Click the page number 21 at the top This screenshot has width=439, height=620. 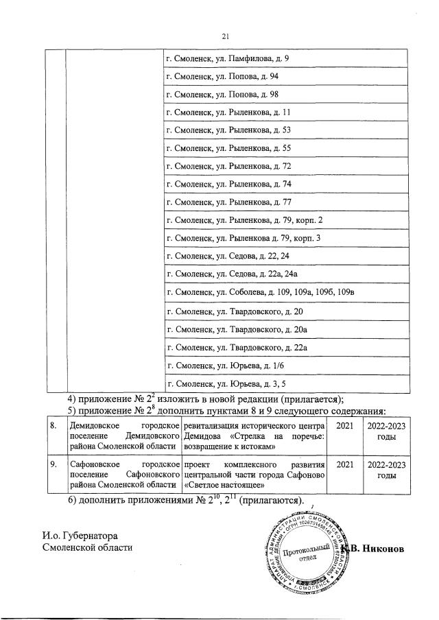pos(224,37)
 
